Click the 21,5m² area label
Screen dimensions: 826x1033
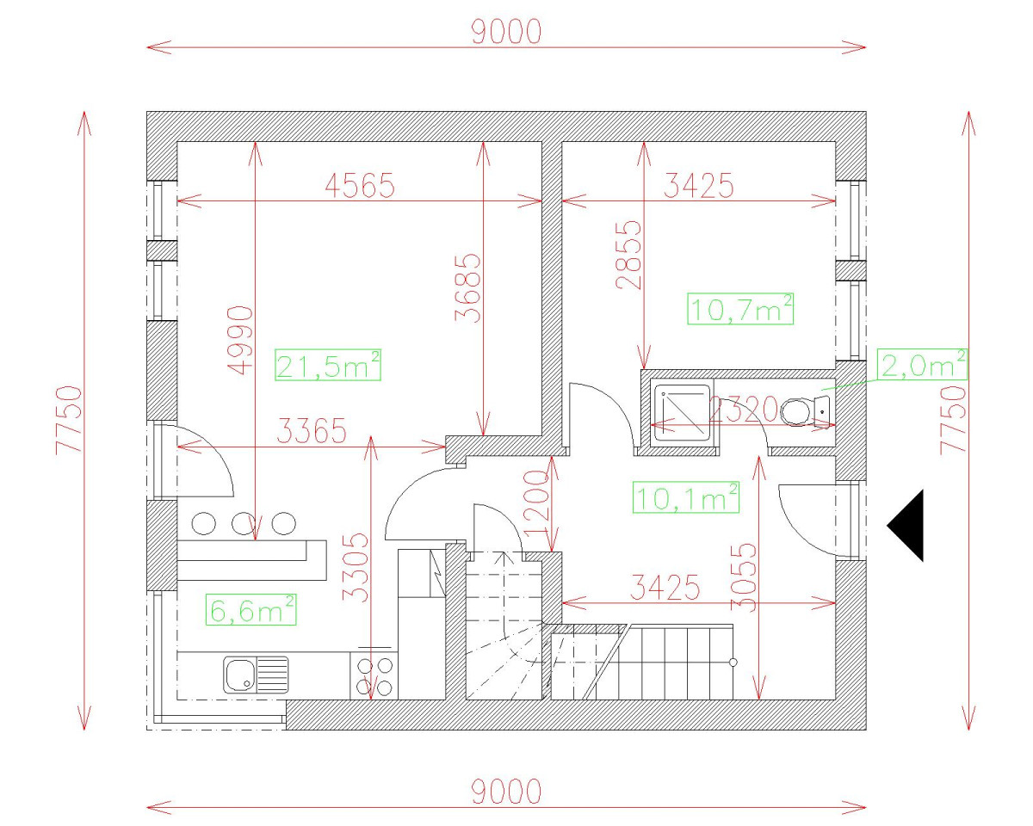328,365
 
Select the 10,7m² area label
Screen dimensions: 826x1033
740,308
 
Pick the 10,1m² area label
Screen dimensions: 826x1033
686,497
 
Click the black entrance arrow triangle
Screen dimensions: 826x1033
909,525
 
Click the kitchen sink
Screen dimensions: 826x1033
256,674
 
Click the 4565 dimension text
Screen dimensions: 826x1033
359,185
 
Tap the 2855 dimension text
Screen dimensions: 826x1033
630,254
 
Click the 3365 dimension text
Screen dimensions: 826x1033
312,430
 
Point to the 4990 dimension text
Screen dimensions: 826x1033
242,340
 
